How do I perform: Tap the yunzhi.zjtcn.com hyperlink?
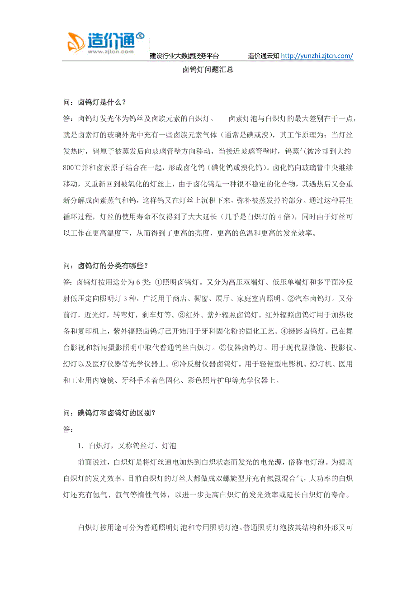pyautogui.click(x=317, y=56)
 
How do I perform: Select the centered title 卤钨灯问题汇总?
pyautogui.click(x=208, y=70)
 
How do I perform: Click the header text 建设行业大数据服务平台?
pyautogui.click(x=184, y=56)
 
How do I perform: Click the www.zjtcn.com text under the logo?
pyautogui.click(x=111, y=52)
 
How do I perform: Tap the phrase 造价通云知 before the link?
pyautogui.click(x=264, y=56)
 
